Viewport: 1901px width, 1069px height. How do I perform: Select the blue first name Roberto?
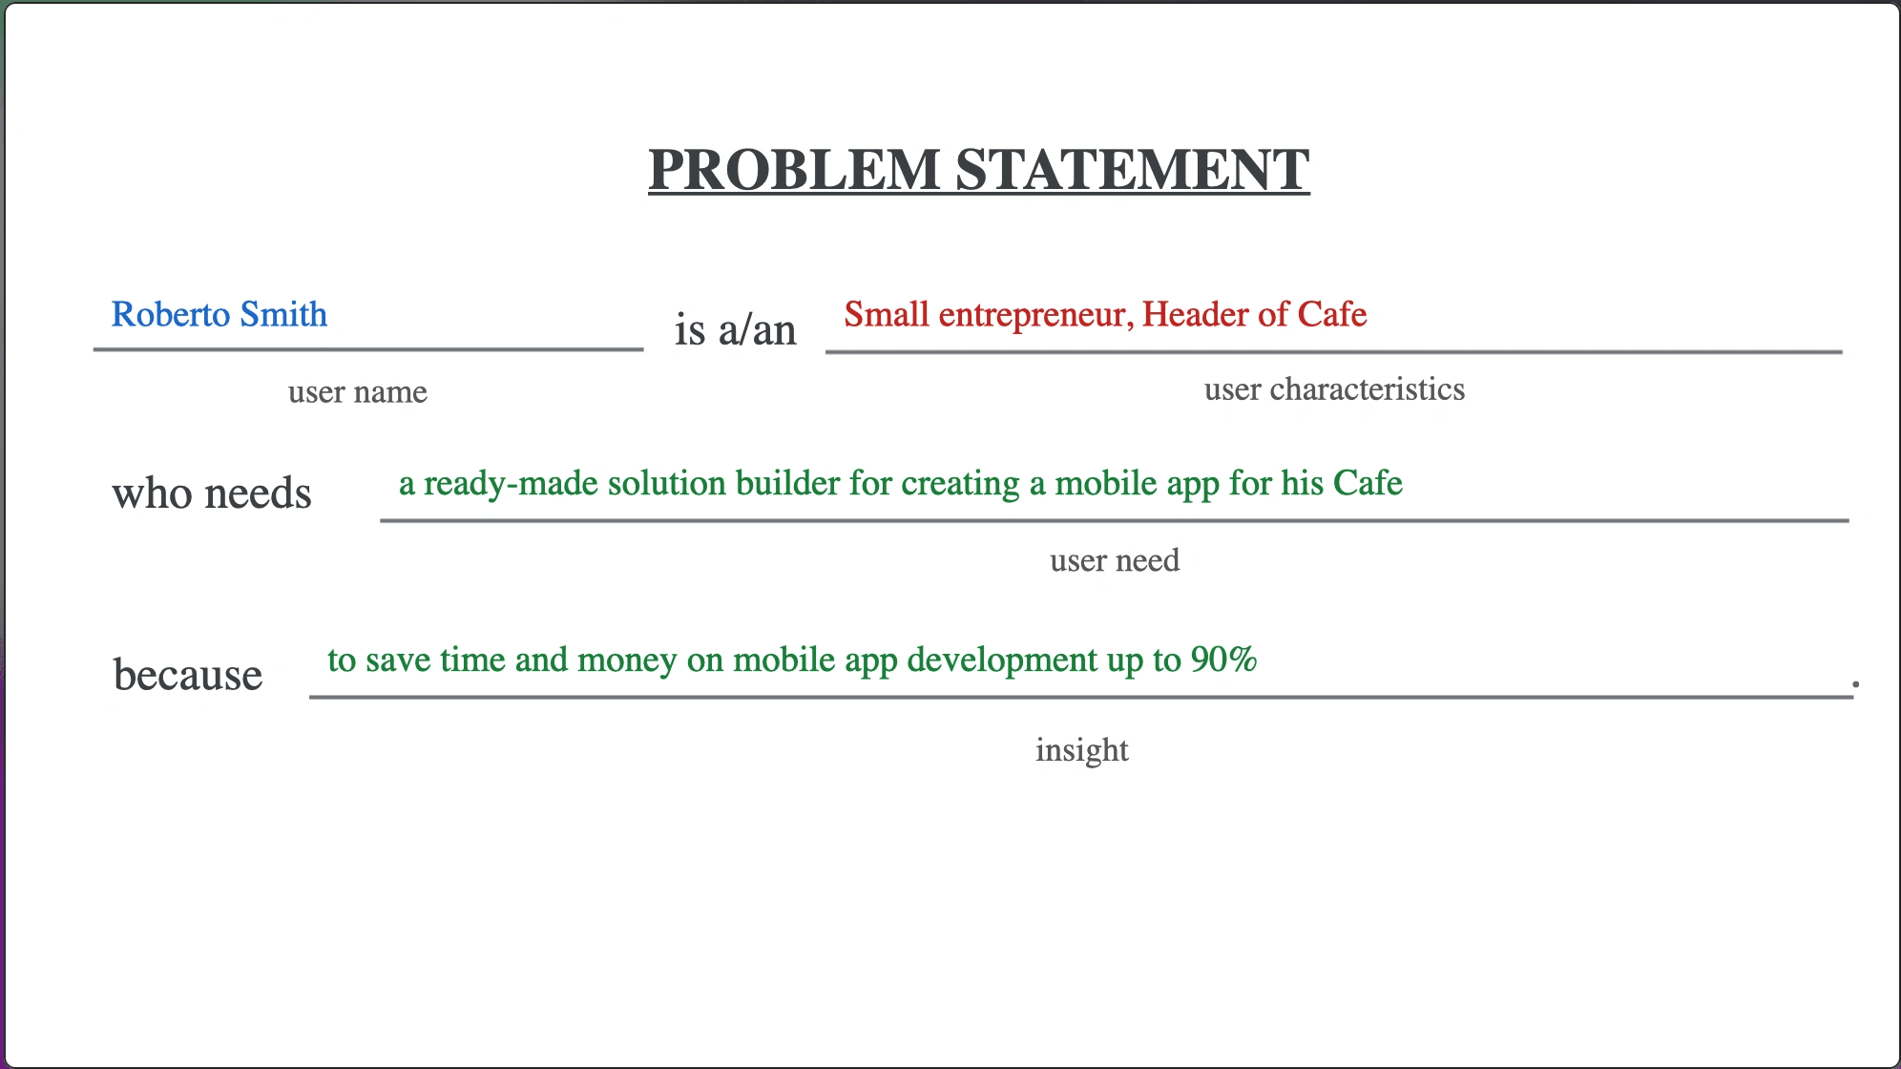point(171,314)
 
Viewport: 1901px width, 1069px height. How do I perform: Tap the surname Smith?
point(283,314)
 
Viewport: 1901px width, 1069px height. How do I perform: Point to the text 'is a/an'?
point(735,329)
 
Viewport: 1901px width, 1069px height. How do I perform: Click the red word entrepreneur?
point(1036,315)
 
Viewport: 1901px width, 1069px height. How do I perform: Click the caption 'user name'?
point(358,391)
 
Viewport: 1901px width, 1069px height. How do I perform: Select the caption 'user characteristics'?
point(1334,388)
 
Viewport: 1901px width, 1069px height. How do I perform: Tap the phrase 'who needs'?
point(212,493)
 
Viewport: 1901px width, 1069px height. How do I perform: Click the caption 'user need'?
point(1115,560)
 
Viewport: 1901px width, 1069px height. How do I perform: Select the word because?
point(188,674)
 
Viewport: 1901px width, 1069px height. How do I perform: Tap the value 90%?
point(1223,660)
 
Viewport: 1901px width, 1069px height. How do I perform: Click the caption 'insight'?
point(1082,750)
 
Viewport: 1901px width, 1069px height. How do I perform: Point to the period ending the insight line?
point(1856,683)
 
